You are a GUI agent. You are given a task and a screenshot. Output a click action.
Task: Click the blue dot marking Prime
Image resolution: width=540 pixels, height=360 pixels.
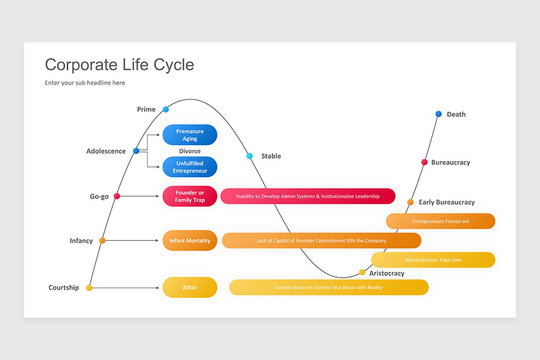(166, 109)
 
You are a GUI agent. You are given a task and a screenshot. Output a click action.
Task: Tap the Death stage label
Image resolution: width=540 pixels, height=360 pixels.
(456, 114)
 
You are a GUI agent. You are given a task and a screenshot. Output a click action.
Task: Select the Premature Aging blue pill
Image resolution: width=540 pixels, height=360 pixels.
(189, 135)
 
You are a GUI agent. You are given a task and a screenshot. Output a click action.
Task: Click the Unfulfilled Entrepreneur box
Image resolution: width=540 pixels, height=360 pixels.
(189, 167)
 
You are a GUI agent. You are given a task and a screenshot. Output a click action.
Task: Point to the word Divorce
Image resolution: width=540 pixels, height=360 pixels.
(189, 151)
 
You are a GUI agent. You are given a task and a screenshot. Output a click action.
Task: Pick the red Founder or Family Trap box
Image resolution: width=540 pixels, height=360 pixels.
(189, 196)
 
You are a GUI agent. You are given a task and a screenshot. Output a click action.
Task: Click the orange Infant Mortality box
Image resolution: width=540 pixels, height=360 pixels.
(189, 241)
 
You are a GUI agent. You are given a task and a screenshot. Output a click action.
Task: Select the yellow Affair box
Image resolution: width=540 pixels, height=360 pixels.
(189, 288)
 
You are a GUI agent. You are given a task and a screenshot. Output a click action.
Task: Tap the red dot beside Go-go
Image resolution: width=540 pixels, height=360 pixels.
(117, 196)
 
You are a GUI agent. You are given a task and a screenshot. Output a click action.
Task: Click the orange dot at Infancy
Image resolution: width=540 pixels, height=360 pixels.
(102, 241)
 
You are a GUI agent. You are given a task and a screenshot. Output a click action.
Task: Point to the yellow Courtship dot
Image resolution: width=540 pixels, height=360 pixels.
(89, 288)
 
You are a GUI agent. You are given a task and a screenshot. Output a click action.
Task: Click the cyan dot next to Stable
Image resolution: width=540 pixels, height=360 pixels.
(250, 156)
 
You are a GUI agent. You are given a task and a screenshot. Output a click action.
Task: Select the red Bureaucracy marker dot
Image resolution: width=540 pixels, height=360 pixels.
(424, 162)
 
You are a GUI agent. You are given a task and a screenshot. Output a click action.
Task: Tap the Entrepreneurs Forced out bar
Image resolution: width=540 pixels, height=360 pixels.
(440, 221)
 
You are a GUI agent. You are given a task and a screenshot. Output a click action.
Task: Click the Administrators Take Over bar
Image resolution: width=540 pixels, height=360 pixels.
(433, 260)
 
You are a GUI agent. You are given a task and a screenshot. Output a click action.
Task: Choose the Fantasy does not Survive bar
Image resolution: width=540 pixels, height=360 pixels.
(328, 288)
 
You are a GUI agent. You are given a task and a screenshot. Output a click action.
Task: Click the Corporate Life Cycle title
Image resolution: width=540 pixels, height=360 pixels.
(119, 65)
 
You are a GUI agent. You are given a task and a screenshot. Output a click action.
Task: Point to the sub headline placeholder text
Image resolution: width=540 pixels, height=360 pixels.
(85, 83)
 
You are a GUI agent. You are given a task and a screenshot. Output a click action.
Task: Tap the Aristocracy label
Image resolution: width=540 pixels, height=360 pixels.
(387, 273)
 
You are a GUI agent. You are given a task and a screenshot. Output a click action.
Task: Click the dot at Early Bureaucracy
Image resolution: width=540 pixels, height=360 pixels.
(410, 202)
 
